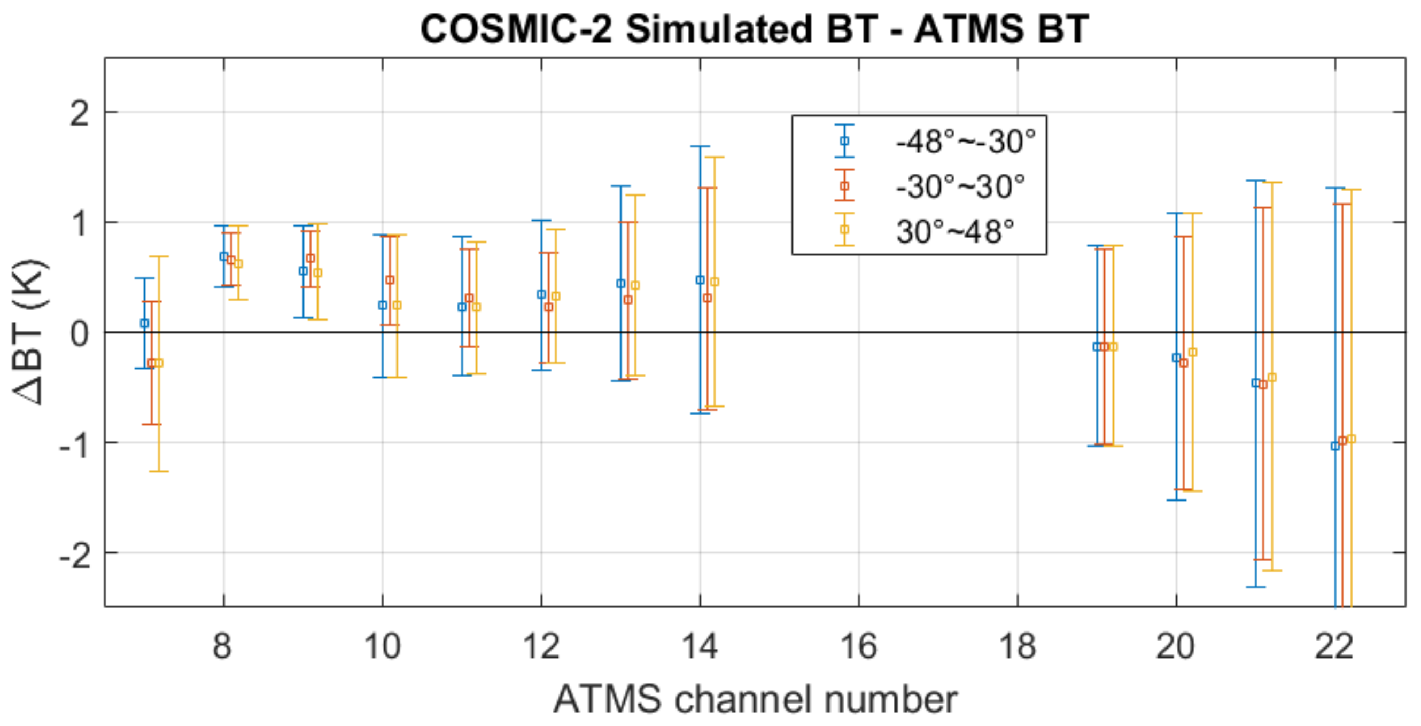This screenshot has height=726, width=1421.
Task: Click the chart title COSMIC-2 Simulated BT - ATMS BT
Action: point(754,29)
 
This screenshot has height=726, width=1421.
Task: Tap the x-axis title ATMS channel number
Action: point(755,699)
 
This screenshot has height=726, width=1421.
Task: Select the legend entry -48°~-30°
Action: point(965,142)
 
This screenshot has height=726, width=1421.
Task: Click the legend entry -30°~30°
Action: point(960,186)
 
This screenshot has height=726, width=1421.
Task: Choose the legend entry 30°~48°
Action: point(955,231)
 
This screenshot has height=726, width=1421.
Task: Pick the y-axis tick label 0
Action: point(80,333)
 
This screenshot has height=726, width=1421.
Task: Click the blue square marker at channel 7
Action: point(144,323)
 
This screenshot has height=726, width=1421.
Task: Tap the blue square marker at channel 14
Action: point(700,280)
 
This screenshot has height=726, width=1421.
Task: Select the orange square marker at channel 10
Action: point(390,280)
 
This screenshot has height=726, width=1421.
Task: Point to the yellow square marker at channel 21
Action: point(1272,378)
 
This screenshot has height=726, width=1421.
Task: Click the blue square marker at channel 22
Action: point(1335,446)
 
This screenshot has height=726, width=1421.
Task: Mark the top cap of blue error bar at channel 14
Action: point(700,146)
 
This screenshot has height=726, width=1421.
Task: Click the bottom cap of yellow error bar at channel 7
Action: point(159,471)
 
